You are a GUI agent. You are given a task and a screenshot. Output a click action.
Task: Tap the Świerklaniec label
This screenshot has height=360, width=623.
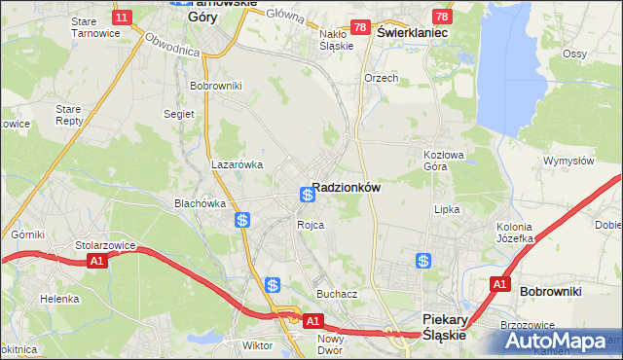click(x=411, y=32)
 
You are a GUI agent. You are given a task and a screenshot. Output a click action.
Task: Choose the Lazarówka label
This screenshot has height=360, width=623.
click(x=238, y=164)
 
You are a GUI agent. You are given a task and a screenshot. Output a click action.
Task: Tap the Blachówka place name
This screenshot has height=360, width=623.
click(x=200, y=203)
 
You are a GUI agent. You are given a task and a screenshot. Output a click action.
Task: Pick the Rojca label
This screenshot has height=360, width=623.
click(x=311, y=225)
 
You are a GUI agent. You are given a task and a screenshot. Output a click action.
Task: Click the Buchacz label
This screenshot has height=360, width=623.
click(x=337, y=293)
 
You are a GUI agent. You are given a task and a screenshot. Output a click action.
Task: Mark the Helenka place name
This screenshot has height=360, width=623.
click(x=59, y=299)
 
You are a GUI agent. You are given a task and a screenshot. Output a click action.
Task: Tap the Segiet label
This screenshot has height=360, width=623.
click(x=180, y=114)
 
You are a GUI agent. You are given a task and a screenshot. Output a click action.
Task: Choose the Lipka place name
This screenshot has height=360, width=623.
click(x=447, y=209)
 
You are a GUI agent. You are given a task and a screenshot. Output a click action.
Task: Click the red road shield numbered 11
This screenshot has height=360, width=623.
click(x=122, y=18)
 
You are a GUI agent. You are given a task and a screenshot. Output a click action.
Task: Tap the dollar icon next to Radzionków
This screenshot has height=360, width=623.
click(x=307, y=195)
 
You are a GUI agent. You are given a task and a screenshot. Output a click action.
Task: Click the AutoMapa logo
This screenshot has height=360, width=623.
click(x=561, y=342)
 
